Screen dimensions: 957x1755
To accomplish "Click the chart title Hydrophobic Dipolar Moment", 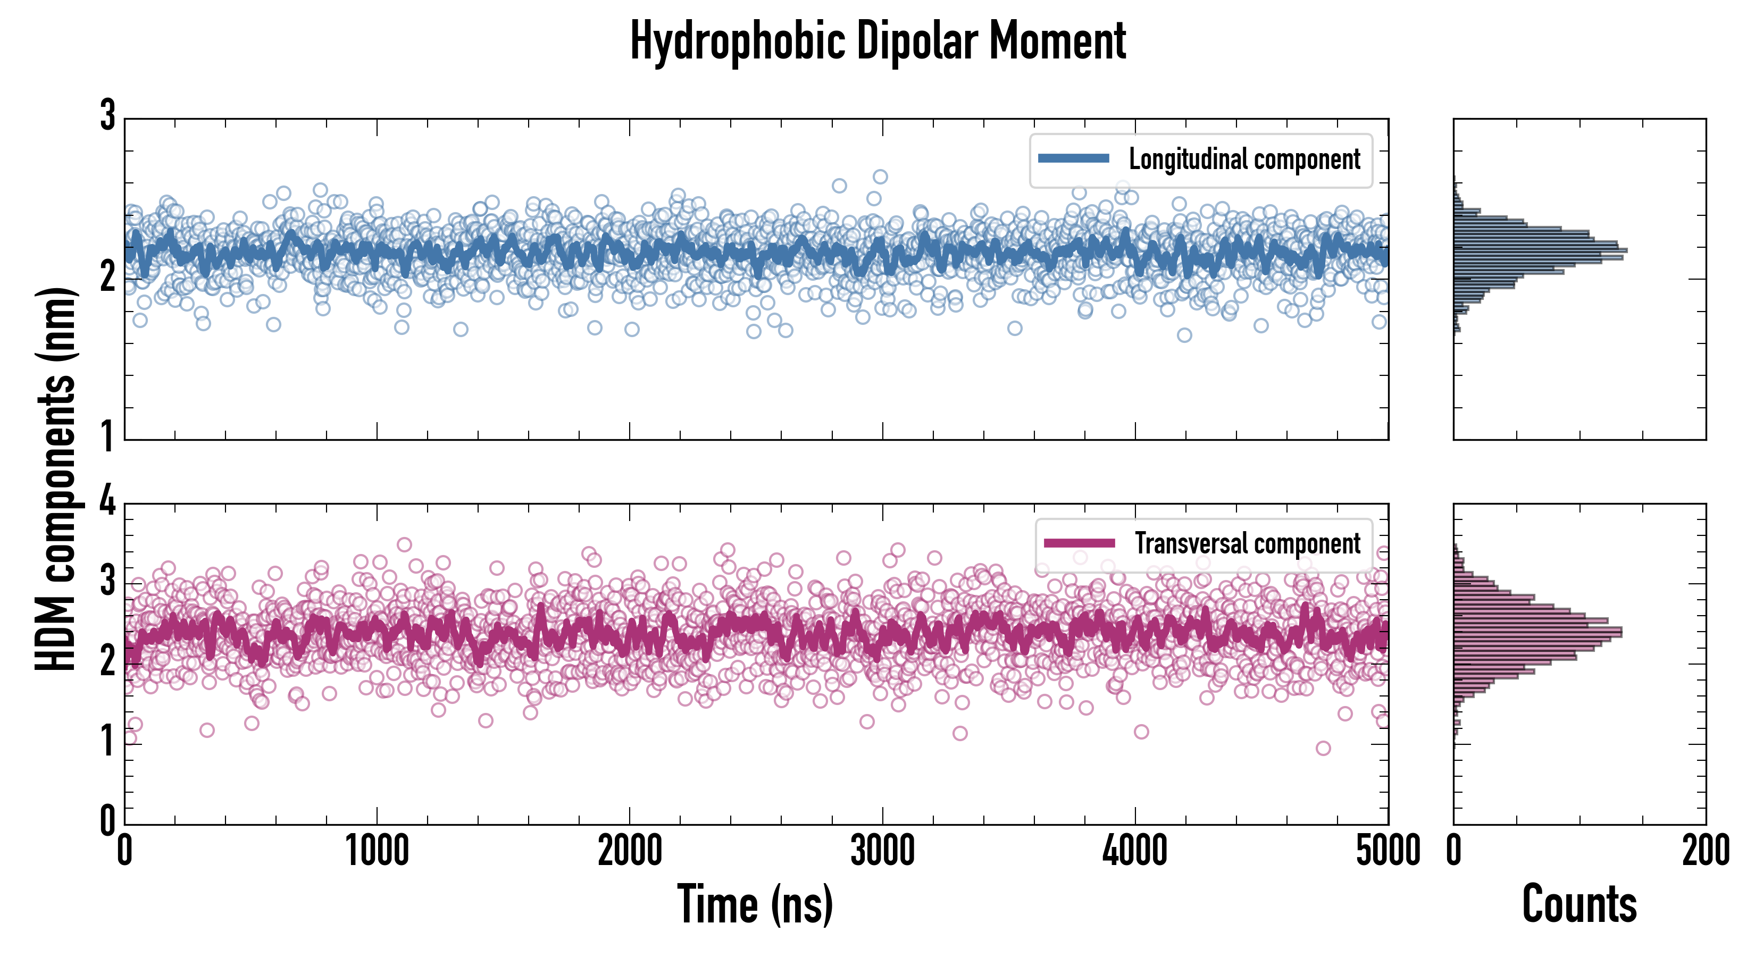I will tap(878, 41).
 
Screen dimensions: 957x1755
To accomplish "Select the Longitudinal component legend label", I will tap(1244, 159).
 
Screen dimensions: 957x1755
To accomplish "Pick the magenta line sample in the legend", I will tap(1079, 543).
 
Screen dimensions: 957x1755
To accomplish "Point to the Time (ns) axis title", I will tap(755, 904).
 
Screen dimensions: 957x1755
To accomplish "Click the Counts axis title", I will tap(1578, 904).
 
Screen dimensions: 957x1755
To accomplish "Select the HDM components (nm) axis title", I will tap(56, 479).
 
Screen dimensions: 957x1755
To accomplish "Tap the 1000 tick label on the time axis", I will tap(377, 851).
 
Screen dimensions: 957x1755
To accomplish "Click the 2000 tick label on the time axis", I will tap(630, 851).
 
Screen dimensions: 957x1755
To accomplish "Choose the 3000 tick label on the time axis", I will tap(882, 851).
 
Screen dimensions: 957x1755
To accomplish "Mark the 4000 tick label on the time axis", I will tap(1135, 851).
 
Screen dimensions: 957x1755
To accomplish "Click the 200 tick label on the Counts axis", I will tap(1705, 851).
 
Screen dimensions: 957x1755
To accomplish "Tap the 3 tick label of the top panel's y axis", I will tap(107, 116).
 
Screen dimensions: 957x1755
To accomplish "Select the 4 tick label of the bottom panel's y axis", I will tap(107, 502).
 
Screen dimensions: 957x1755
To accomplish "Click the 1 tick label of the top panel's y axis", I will tap(107, 436).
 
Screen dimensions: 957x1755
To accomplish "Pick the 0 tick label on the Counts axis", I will tap(1454, 851).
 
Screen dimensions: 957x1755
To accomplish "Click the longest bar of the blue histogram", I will tap(1540, 250).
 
